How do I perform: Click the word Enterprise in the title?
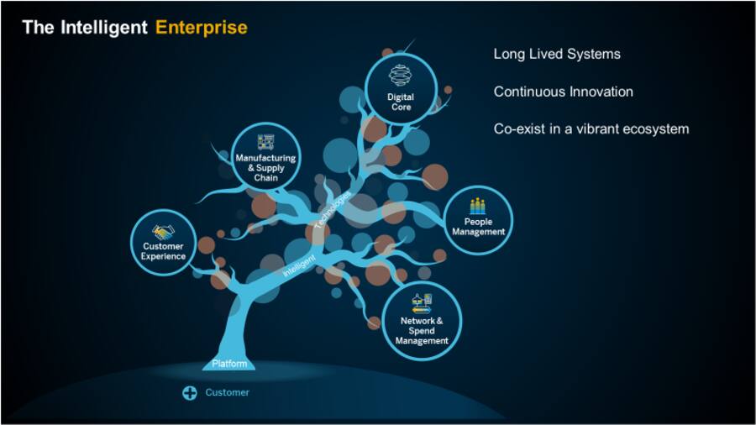point(202,28)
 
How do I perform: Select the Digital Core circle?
point(401,88)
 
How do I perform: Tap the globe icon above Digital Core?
point(401,76)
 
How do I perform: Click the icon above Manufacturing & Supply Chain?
point(265,142)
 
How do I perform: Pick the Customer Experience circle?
point(164,244)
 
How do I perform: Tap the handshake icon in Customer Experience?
point(163,231)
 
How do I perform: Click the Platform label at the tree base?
point(228,364)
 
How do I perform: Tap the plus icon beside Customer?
point(190,392)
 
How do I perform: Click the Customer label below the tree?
point(227,392)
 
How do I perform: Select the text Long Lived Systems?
point(557,55)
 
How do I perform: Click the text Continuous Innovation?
point(563,92)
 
